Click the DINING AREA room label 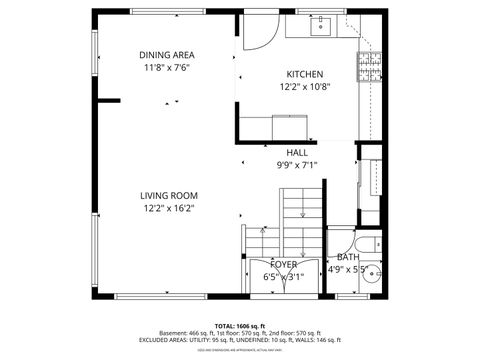click(x=167, y=55)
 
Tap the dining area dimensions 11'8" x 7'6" click(x=167, y=68)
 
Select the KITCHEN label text click(x=304, y=75)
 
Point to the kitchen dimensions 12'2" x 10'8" click(x=304, y=88)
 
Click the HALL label click(x=297, y=153)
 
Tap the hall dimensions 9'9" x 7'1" click(x=297, y=166)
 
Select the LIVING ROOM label click(x=168, y=196)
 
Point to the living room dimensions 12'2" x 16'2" click(x=168, y=209)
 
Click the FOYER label click(x=283, y=265)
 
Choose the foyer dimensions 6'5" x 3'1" click(x=283, y=277)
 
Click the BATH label click(x=347, y=257)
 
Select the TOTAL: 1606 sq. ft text click(x=240, y=326)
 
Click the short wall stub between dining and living click(x=108, y=100)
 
